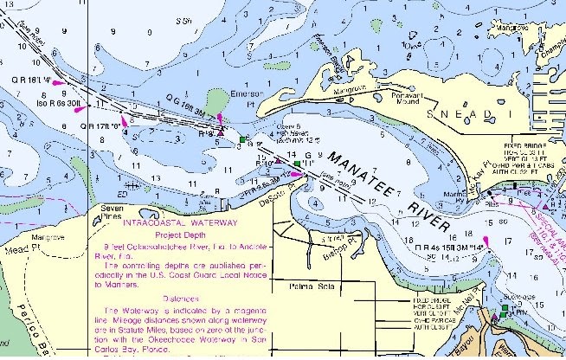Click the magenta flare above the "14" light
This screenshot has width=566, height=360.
click(x=489, y=239)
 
